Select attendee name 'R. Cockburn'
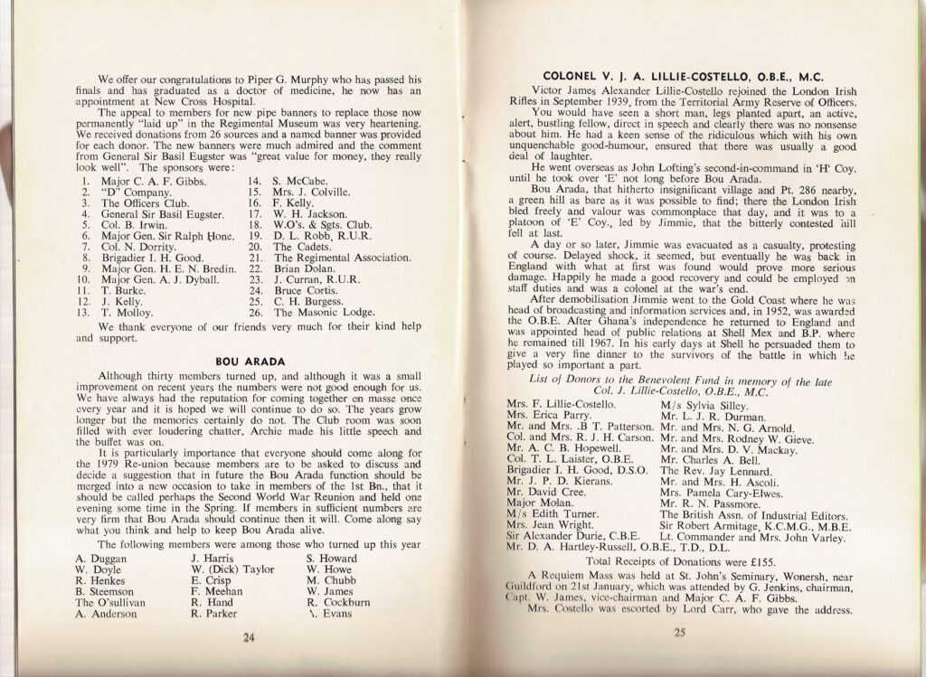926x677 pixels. tap(336, 601)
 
